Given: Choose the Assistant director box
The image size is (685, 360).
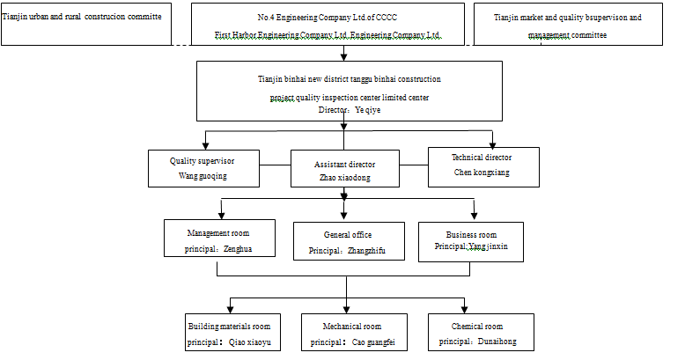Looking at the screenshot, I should [344, 169].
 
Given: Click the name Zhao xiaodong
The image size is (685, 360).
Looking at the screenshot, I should [345, 177].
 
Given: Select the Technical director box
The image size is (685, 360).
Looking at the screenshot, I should [482, 165].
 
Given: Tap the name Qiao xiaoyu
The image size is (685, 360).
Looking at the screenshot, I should [254, 342].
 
